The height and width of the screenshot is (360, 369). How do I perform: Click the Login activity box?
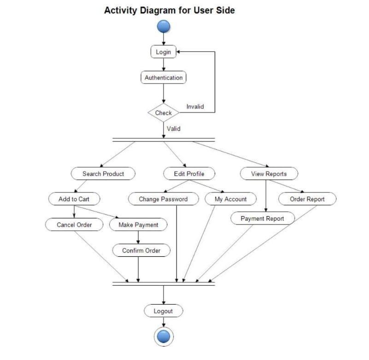163,52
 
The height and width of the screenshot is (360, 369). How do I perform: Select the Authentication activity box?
164,77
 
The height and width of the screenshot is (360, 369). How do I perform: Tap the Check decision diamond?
163,113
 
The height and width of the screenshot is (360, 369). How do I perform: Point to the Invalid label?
195,106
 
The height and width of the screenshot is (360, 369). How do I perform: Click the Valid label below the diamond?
174,129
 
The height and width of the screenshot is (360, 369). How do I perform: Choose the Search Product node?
103,174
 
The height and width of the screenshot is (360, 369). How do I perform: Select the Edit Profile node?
189,174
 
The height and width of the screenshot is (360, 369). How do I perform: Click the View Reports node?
269,174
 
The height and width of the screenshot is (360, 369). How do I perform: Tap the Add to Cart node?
74,199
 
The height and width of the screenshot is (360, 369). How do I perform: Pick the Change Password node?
163,199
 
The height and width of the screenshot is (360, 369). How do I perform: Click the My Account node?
231,199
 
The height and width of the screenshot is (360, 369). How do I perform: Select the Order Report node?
307,199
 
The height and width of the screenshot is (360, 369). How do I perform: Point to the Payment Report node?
262,218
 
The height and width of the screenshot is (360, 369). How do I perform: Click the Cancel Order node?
74,225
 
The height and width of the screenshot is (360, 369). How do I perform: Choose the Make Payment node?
138,225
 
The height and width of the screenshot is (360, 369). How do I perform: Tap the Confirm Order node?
141,250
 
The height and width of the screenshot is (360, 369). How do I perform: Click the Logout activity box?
163,311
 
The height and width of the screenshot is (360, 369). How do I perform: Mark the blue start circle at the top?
164,27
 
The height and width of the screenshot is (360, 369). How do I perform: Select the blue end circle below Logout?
163,337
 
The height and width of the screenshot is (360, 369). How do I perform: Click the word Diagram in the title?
156,10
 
